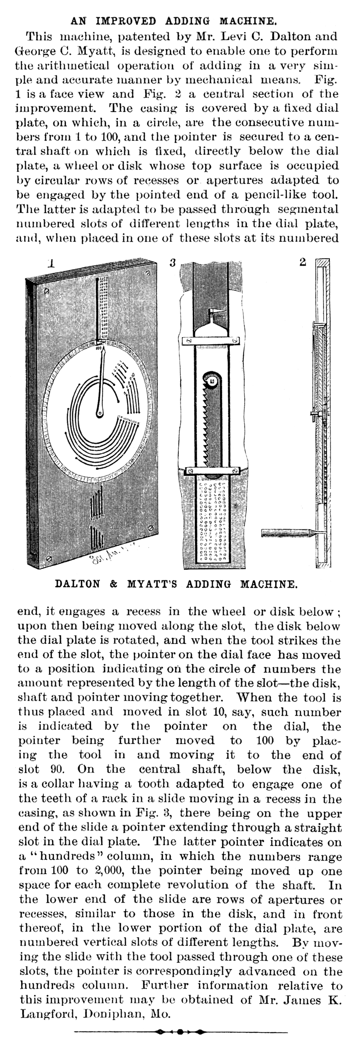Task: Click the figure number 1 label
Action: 51,263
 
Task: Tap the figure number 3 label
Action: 173,263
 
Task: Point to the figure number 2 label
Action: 303,262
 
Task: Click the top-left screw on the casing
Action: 46,291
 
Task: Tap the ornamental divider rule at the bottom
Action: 181,1032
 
